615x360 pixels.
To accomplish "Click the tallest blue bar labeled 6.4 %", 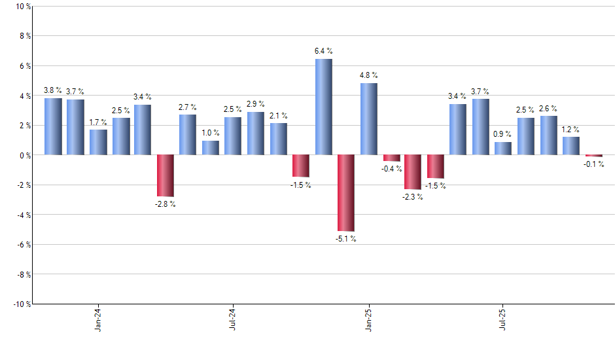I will click(323, 107).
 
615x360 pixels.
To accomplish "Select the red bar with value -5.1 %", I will click(346, 192).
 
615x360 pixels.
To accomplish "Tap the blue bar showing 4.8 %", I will click(368, 118).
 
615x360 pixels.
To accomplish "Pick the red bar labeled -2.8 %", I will click(165, 175).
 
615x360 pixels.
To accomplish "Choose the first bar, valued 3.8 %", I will click(53, 126).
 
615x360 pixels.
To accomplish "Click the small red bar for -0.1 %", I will click(593, 156).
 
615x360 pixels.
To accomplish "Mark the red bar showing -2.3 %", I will click(413, 171).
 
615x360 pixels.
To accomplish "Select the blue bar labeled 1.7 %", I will click(98, 142).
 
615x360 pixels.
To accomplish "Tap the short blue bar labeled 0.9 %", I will click(503, 149).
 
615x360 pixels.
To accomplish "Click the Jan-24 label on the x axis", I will click(98, 320).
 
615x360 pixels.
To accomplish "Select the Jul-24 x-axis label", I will click(234, 320).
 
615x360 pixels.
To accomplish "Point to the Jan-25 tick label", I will click(368, 320).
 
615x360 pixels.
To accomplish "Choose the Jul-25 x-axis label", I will click(503, 320).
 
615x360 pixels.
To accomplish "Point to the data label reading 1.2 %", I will click(571, 129).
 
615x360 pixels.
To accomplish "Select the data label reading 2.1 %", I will click(279, 116).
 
